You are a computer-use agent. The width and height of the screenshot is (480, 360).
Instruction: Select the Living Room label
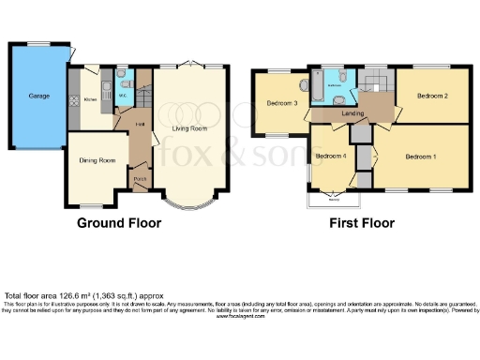(x=191, y=128)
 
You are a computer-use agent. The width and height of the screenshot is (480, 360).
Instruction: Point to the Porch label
(x=139, y=179)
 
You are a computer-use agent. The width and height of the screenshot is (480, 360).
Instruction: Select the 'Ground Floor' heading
(x=118, y=224)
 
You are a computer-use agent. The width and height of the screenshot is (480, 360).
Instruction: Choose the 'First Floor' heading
(x=361, y=224)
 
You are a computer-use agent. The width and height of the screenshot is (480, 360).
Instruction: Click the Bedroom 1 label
(x=419, y=156)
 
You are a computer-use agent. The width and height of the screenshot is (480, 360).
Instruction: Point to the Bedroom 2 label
(x=431, y=97)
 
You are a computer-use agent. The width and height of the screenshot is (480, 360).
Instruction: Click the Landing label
(x=353, y=113)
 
